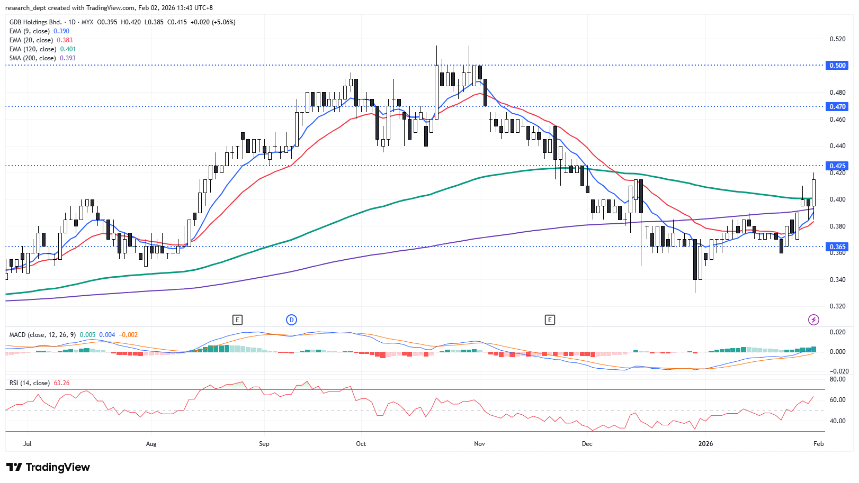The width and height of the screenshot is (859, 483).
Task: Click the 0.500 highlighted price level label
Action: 837,66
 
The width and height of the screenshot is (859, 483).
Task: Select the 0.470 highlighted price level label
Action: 837,107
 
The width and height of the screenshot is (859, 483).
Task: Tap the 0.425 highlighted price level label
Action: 837,166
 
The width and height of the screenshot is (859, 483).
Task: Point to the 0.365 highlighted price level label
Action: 837,247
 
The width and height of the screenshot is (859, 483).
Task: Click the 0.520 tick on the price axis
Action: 837,39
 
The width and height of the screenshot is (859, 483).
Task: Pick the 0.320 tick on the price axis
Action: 837,306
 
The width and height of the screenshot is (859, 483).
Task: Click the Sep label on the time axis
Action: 264,444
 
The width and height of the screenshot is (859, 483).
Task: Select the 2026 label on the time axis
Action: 705,444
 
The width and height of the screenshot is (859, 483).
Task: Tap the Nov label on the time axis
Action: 479,444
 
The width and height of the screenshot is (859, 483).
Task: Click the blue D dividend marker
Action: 291,320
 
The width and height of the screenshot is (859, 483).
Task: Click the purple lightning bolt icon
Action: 813,320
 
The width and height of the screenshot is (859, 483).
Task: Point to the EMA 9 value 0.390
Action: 61,31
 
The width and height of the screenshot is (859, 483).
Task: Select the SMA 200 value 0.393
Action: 68,58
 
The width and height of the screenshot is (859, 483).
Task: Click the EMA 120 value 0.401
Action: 68,49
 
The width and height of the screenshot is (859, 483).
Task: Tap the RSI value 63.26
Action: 61,383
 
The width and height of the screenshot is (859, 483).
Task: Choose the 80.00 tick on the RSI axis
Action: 837,379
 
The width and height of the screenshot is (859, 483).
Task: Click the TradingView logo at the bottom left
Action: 48,467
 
